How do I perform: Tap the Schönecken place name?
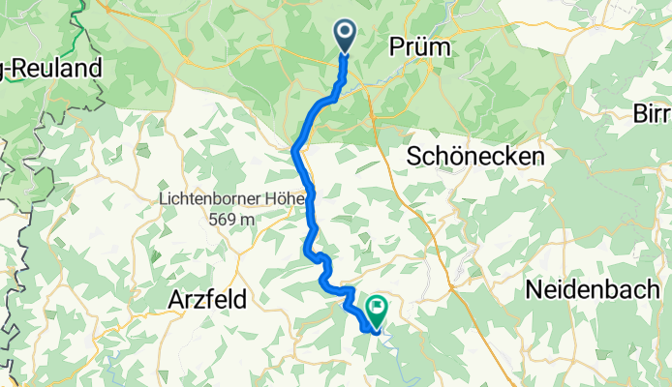(x=475, y=156)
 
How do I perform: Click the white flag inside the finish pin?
(x=375, y=308)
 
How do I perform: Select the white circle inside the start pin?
(x=346, y=32)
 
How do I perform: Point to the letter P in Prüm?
(x=397, y=47)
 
